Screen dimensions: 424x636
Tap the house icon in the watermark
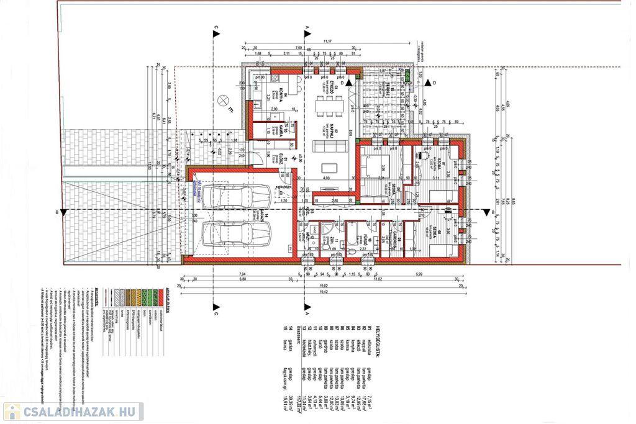point(12,412)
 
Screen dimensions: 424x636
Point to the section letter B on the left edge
point(58,213)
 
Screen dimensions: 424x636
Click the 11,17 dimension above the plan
point(328,42)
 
